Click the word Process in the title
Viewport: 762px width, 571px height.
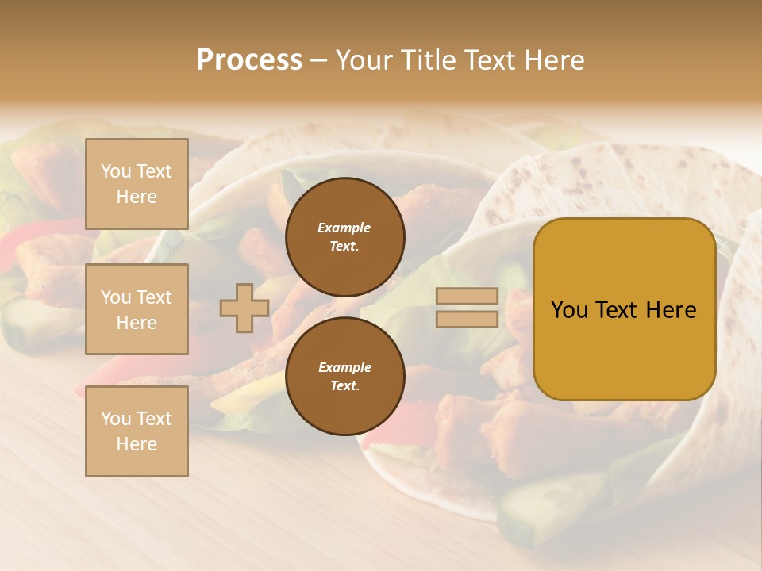pos(249,60)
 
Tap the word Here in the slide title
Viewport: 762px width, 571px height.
pos(552,60)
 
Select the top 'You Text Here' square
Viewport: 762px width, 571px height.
pos(137,184)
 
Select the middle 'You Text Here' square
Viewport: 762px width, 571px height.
pos(137,309)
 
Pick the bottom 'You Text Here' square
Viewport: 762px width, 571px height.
pos(137,431)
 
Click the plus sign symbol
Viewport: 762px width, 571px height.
pos(244,308)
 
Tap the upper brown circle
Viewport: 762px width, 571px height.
pos(344,237)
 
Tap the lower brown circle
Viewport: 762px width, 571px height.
pos(344,377)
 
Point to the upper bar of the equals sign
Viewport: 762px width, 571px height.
pos(467,297)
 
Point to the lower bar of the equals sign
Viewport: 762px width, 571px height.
pos(467,320)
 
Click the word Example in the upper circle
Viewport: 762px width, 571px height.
pos(344,228)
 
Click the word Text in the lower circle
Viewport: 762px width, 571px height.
pos(344,386)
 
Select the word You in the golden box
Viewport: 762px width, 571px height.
pos(569,310)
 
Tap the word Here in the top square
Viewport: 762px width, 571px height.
pos(137,197)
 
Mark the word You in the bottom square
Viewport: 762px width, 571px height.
pos(116,419)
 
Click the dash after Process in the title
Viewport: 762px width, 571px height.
pos(319,60)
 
